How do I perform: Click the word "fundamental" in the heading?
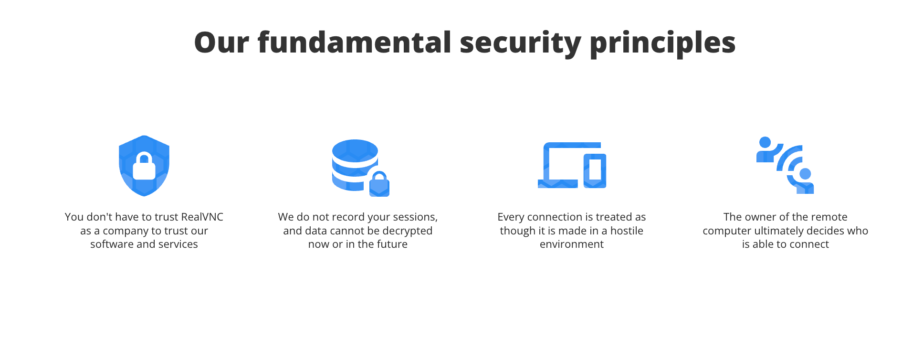pyautogui.click(x=354, y=42)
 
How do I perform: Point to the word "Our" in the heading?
pyautogui.click(x=221, y=42)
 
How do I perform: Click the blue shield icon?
pyautogui.click(x=144, y=166)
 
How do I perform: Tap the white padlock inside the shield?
pyautogui.click(x=144, y=166)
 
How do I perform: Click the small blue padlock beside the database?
pyautogui.click(x=379, y=184)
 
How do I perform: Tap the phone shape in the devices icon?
pyautogui.click(x=595, y=170)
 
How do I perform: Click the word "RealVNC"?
pyautogui.click(x=202, y=217)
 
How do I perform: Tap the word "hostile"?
pyautogui.click(x=627, y=231)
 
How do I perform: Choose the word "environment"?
pyautogui.click(x=572, y=244)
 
